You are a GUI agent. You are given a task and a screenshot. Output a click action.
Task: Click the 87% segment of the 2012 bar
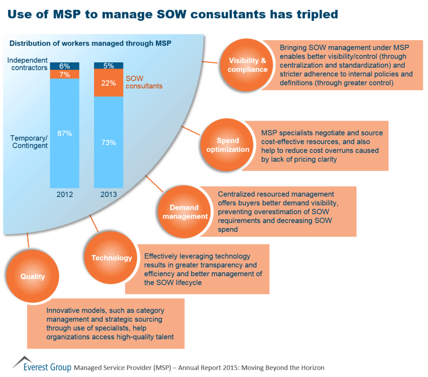click(x=64, y=133)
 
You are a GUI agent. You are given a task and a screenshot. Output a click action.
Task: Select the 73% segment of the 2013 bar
click(x=108, y=142)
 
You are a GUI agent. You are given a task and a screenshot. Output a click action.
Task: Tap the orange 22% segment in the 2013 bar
click(x=108, y=83)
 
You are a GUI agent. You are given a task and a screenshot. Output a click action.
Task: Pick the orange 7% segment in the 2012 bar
click(x=64, y=74)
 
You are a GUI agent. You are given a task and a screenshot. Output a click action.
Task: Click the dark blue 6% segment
click(x=64, y=66)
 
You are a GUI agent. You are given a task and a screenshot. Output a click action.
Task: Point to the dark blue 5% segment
click(x=108, y=65)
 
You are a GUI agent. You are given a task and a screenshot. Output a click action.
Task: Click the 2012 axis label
click(x=64, y=195)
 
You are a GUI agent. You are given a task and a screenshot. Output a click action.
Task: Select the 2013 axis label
click(x=108, y=195)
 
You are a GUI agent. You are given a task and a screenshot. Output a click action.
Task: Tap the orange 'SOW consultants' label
click(x=144, y=82)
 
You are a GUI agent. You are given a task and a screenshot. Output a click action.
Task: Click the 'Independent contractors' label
click(x=28, y=64)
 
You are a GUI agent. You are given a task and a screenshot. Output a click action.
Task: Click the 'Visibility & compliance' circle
click(x=247, y=65)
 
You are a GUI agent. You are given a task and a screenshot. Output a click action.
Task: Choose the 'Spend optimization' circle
click(x=228, y=145)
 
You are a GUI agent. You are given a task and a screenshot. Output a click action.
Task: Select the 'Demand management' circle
click(x=184, y=212)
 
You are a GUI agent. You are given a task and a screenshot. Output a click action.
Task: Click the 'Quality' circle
click(x=32, y=277)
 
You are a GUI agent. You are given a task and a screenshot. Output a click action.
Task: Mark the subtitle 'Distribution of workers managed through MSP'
click(x=90, y=44)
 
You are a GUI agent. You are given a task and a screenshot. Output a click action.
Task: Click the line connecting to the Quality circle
click(x=28, y=240)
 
